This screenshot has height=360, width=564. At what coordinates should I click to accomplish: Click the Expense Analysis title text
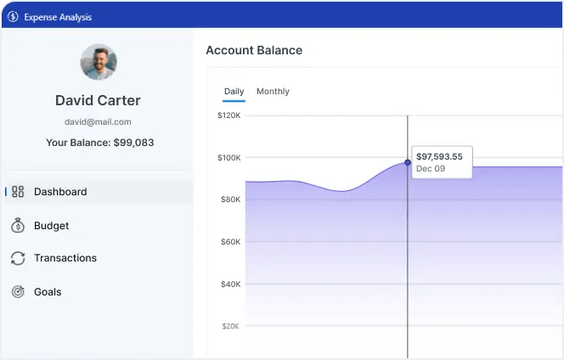58,17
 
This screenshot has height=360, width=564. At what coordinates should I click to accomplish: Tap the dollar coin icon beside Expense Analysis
13,17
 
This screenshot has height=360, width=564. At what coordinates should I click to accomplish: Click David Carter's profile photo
99,62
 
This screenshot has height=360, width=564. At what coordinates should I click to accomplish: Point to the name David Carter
98,100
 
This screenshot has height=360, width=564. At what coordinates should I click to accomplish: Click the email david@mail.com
98,122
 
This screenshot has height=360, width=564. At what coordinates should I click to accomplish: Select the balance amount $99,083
133,143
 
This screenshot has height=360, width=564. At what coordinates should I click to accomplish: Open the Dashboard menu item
60,192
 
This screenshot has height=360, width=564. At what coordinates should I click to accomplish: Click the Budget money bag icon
18,226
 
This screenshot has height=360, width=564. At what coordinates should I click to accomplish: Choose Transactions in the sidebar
65,258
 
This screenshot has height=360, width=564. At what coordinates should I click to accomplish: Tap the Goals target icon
18,292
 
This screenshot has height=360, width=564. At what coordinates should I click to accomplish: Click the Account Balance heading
254,50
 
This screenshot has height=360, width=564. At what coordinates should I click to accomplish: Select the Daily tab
234,92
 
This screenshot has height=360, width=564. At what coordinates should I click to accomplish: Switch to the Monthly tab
273,92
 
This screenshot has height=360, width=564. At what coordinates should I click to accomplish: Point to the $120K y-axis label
229,115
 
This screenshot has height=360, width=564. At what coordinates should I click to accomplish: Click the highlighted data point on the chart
408,162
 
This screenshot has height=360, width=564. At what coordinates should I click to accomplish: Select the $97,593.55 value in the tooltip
439,156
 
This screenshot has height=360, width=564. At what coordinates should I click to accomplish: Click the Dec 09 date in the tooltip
430,169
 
